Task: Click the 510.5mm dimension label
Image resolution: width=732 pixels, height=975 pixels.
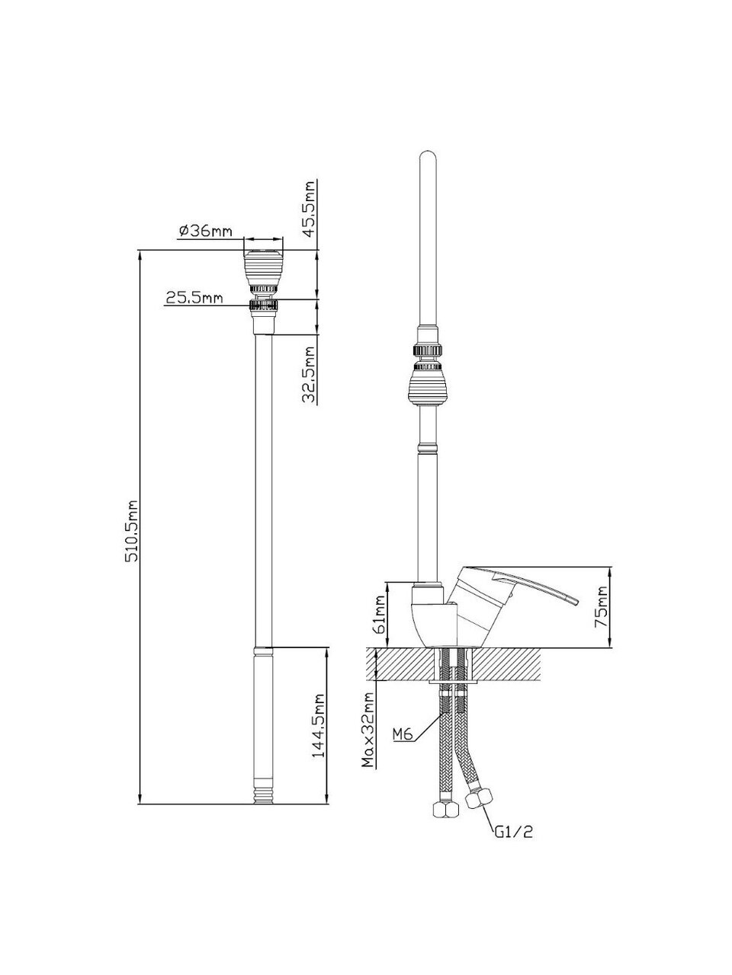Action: pyautogui.click(x=133, y=531)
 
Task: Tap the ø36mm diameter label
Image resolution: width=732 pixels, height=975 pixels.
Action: pyautogui.click(x=206, y=231)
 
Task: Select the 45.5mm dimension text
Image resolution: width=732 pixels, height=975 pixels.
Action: pyautogui.click(x=309, y=208)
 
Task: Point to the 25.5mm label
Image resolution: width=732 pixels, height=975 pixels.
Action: pyautogui.click(x=194, y=297)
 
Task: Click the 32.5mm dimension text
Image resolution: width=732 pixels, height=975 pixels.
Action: pyautogui.click(x=309, y=375)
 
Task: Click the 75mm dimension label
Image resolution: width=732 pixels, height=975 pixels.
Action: pyautogui.click(x=601, y=606)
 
